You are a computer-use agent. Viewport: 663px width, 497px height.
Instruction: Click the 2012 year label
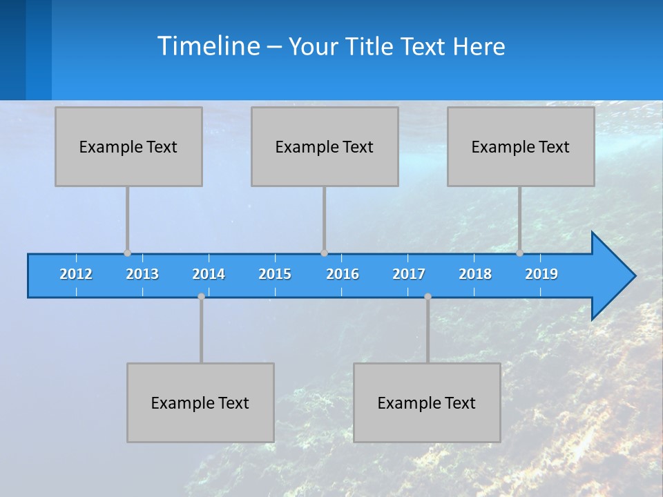tap(76, 274)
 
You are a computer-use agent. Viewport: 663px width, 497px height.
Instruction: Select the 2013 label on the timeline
tap(142, 274)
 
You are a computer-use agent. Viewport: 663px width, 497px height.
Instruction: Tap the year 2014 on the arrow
tap(209, 274)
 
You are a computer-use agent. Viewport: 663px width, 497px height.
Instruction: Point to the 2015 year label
tap(275, 274)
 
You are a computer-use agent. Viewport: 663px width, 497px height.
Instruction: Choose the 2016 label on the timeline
tap(343, 274)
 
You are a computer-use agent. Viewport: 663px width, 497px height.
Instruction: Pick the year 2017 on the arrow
tap(409, 274)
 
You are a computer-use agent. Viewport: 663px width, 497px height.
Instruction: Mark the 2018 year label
tap(475, 274)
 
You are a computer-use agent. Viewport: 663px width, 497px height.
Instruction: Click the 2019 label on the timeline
tap(541, 274)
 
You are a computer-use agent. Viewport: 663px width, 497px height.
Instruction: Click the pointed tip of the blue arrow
tap(633, 276)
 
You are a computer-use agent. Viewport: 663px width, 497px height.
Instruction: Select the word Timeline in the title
tap(208, 46)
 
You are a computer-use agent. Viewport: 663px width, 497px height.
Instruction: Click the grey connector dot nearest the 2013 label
tap(127, 253)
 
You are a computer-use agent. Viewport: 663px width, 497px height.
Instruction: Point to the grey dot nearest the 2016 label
tap(324, 253)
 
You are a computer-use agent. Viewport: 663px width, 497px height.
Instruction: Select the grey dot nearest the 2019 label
tap(519, 253)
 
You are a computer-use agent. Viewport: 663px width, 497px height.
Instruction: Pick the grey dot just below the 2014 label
tap(201, 297)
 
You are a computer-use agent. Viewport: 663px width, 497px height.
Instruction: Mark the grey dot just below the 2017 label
tap(427, 297)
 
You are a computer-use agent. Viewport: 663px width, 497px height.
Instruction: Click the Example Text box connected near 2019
tap(521, 146)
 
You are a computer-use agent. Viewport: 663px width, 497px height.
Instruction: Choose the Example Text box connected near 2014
tap(200, 402)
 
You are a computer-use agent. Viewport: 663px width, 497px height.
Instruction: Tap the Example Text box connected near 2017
tap(427, 402)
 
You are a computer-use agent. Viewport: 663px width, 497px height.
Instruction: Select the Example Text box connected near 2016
tap(325, 146)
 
